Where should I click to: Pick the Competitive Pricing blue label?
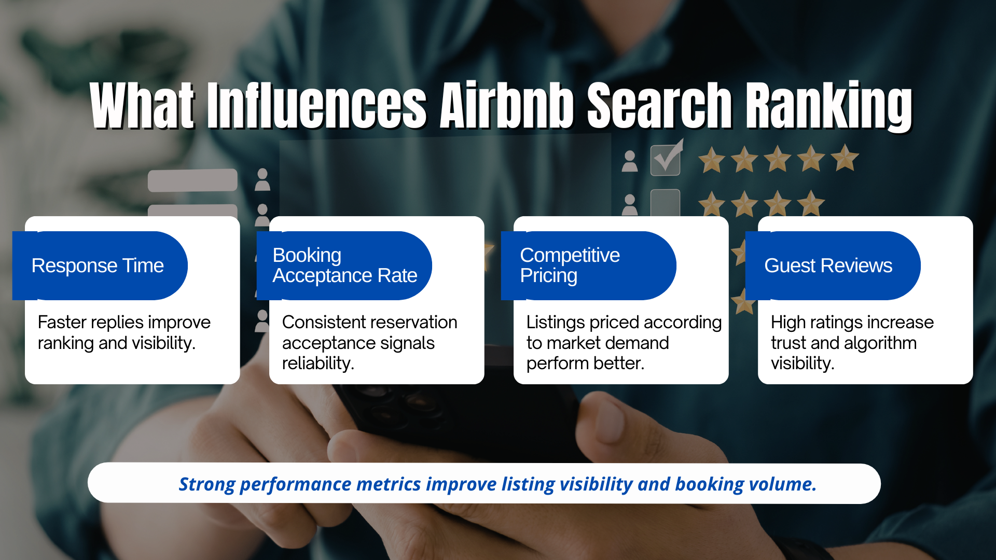(588, 265)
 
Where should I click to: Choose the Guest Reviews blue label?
(832, 265)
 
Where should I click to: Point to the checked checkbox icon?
(666, 159)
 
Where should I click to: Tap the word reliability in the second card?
(317, 363)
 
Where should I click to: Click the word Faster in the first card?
(61, 323)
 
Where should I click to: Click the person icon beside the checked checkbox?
(630, 161)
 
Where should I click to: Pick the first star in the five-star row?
(711, 160)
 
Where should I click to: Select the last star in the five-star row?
(845, 158)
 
